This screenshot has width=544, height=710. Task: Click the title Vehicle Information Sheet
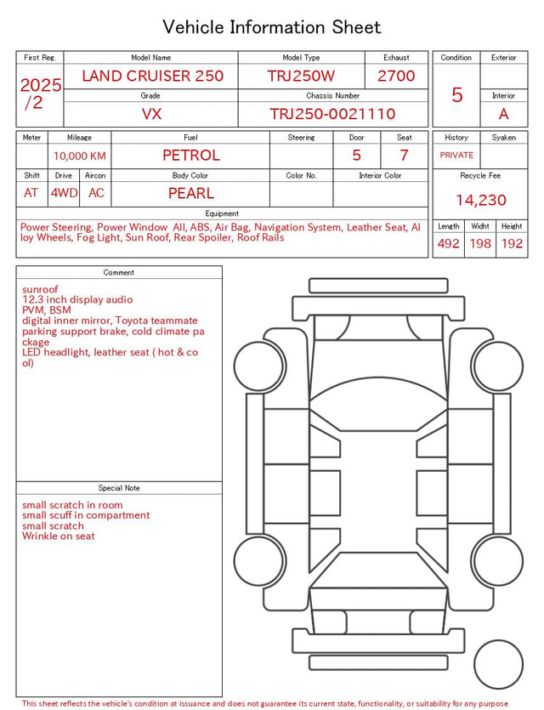271,27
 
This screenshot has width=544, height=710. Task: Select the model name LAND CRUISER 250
152,76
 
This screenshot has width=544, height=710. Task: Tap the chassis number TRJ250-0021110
332,114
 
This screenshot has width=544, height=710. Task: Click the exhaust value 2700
396,76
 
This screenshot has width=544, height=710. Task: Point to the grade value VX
151,114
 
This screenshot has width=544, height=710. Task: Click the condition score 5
457,94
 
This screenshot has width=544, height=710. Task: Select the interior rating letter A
503,114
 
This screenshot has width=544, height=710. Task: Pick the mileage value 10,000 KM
80,156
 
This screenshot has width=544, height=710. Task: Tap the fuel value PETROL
191,156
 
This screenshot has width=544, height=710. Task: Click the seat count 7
404,156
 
